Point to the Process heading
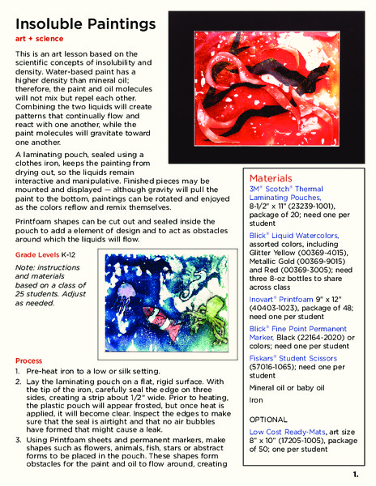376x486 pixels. pos(32,360)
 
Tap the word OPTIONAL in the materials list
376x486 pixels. pos(267,420)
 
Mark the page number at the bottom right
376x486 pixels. pos(356,472)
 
